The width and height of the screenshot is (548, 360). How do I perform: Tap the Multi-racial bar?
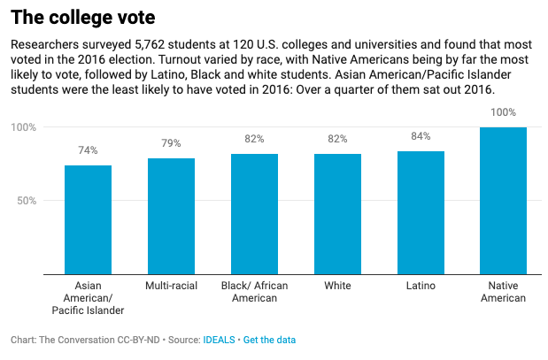171,216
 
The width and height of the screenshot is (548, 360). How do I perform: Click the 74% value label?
88,151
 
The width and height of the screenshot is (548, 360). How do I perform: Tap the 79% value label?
171,143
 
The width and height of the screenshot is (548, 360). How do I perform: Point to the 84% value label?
421,136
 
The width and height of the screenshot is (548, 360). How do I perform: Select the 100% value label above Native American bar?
503,112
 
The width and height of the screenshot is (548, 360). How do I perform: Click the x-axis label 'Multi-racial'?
171,287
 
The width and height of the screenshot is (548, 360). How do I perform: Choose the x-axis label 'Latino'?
421,287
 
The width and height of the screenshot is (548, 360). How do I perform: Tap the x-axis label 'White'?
337,287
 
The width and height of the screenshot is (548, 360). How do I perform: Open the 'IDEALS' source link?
219,340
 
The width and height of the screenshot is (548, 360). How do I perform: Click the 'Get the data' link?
269,340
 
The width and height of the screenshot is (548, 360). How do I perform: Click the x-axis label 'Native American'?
503,292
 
